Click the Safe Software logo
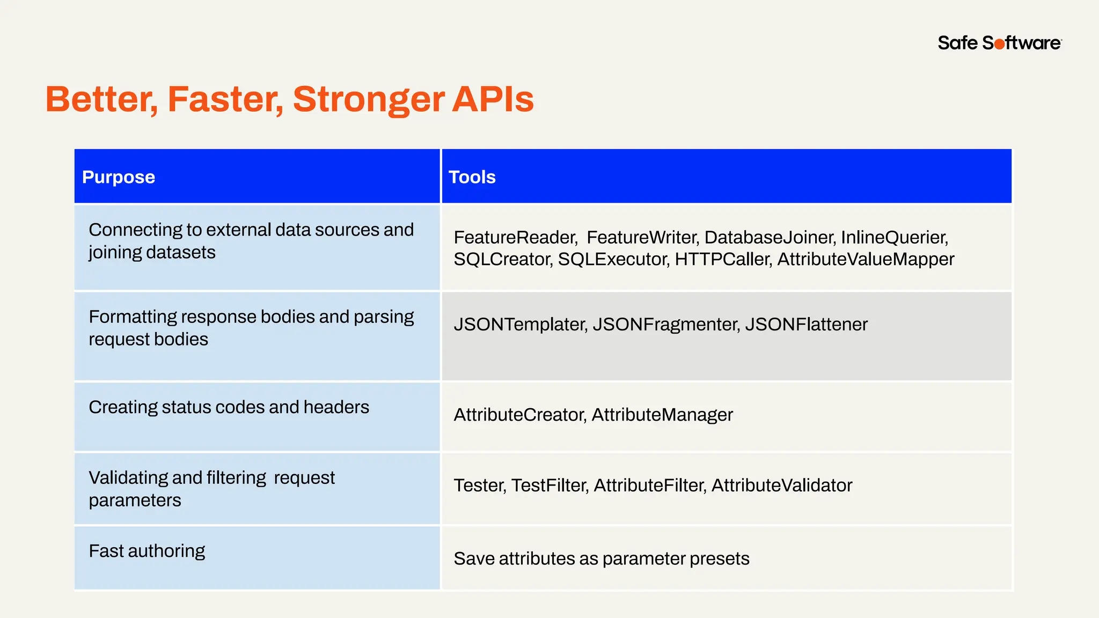pos(999,43)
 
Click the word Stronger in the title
pos(368,100)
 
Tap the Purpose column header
pos(119,177)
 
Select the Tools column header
pos(472,177)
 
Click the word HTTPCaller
pos(722,259)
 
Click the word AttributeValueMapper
pos(866,259)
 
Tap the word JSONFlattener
pos(806,324)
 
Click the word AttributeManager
pos(662,415)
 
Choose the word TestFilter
pos(549,485)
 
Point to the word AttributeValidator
pos(782,485)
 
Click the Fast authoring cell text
pos(147,551)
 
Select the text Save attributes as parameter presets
pos(602,558)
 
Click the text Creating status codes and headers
pos(229,407)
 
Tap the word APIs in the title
pos(493,100)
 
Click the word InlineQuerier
pos(894,237)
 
